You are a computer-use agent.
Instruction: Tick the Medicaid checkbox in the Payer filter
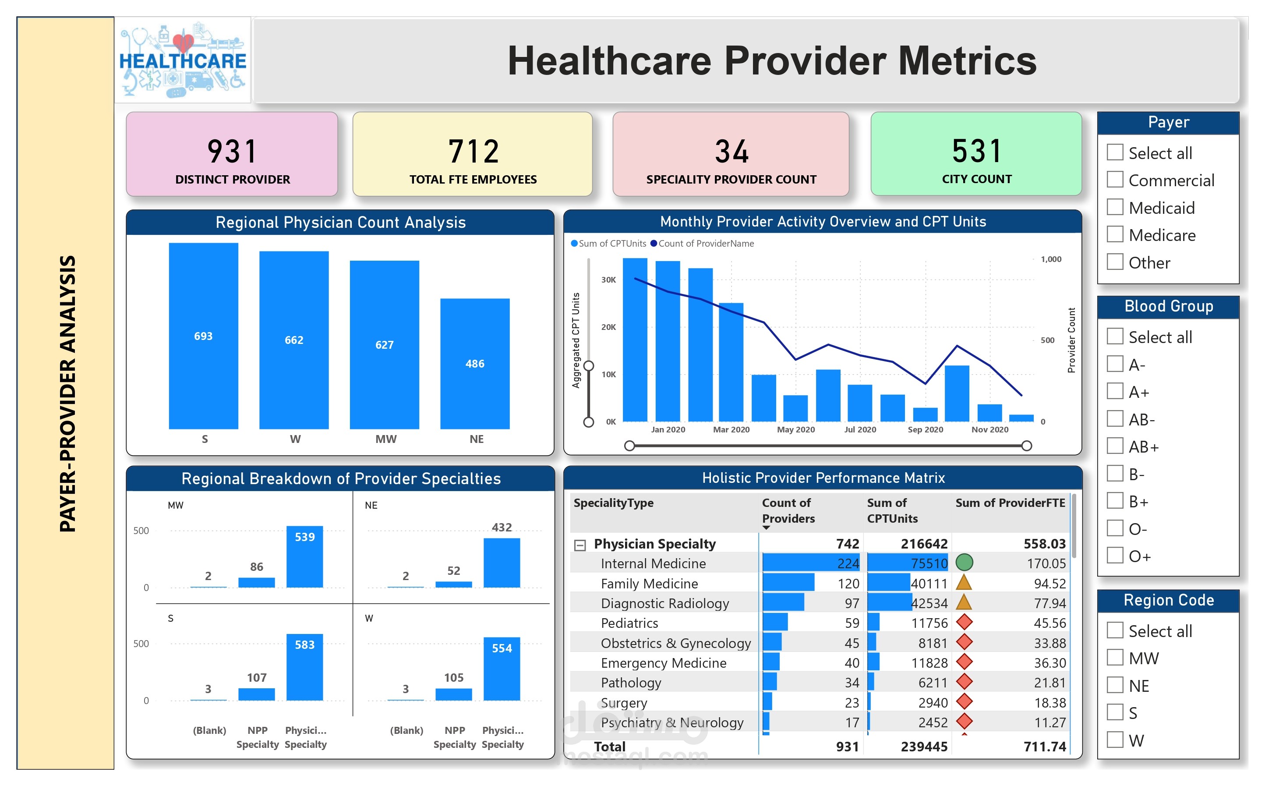(x=1115, y=207)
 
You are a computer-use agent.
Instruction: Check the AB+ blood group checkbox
(x=1115, y=446)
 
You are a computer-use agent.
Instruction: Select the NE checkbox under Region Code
(x=1115, y=685)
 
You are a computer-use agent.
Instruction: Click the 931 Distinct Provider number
(x=232, y=151)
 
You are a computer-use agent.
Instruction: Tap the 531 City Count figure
(x=976, y=151)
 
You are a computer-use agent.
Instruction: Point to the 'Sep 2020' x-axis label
(x=925, y=429)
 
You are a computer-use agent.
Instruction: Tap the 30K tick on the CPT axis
(x=608, y=280)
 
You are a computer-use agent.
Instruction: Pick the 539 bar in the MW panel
(x=304, y=557)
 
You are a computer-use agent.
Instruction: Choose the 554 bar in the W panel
(x=502, y=669)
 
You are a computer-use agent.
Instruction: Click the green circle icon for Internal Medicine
(x=964, y=562)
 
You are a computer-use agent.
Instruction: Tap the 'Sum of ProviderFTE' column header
(x=1010, y=503)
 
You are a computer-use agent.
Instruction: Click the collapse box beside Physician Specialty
(x=580, y=545)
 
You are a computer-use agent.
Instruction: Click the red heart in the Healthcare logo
(x=183, y=42)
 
